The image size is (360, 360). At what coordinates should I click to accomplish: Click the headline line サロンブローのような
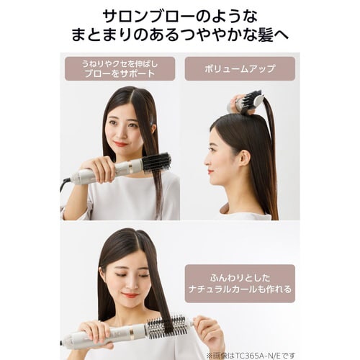click(x=180, y=15)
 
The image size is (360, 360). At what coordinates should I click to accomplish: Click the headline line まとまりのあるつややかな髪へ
click(x=180, y=35)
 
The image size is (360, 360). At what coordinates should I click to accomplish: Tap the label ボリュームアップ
click(x=240, y=69)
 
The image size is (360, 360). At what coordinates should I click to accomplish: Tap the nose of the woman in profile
click(x=206, y=154)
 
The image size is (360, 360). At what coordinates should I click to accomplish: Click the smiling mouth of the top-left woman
click(x=120, y=144)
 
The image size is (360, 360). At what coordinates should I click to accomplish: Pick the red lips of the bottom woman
click(x=130, y=295)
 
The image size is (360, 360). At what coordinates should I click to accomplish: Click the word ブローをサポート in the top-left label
click(x=120, y=73)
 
